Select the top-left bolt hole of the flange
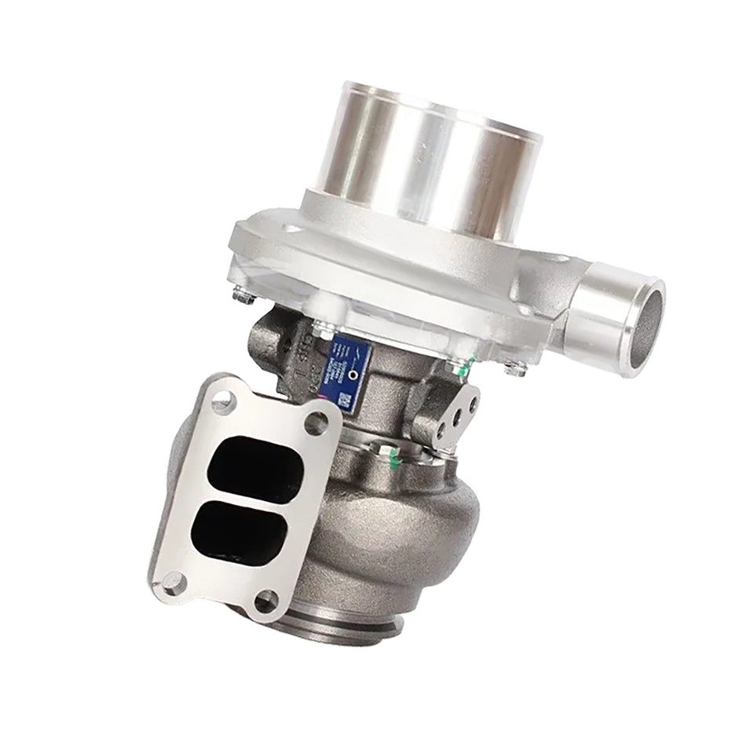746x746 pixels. (x=223, y=402)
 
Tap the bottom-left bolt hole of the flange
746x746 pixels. (x=172, y=583)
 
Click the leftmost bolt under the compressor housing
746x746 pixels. (x=243, y=297)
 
